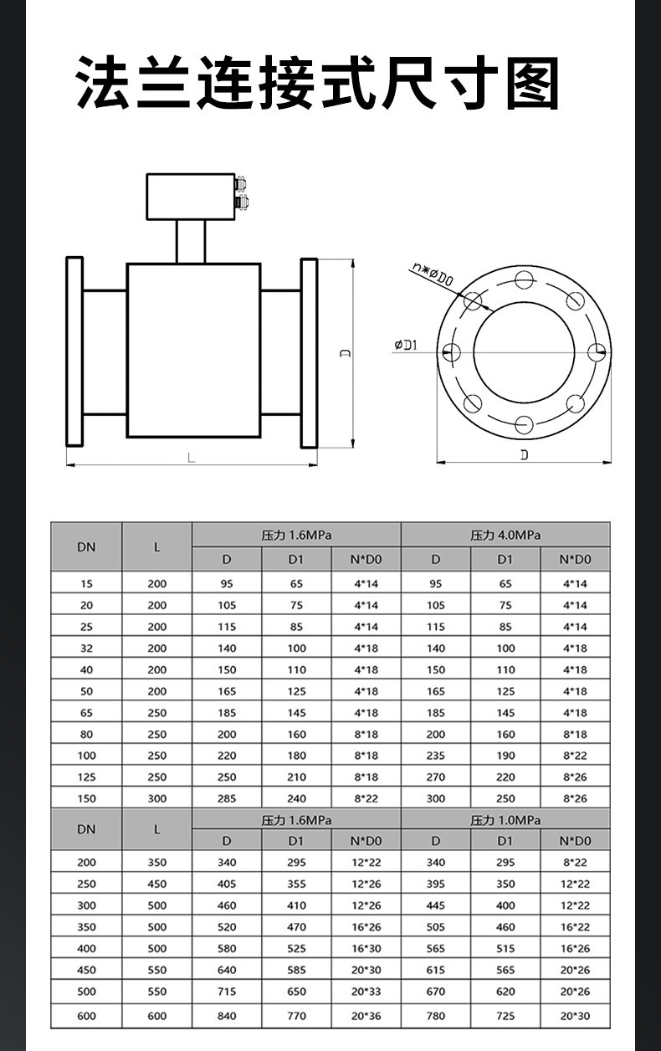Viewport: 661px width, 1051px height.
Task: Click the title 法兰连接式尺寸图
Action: pos(318,82)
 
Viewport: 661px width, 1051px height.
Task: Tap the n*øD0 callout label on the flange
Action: pos(433,274)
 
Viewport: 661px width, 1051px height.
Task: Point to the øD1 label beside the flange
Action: pos(406,345)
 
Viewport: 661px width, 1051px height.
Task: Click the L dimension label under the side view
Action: pos(192,458)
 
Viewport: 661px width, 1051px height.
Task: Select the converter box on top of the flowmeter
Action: pos(191,197)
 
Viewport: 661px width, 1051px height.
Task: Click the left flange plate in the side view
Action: pos(74,351)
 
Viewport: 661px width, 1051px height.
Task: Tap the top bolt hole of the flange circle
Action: pos(524,279)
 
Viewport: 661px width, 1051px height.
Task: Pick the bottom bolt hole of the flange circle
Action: pos(524,424)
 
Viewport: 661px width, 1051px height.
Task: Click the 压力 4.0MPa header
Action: pos(505,535)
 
